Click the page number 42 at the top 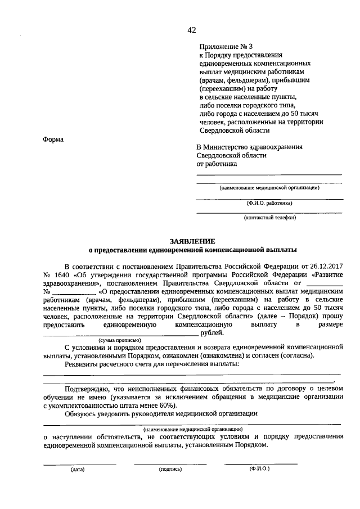click(x=192, y=30)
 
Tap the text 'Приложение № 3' click(x=222, y=47)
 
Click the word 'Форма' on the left click(x=53, y=139)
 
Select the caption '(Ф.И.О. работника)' click(x=269, y=203)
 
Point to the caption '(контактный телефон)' click(x=269, y=218)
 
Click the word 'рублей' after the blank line click(x=211, y=333)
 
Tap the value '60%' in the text click(x=167, y=405)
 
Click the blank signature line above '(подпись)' click(x=170, y=463)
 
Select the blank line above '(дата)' click(x=79, y=463)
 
